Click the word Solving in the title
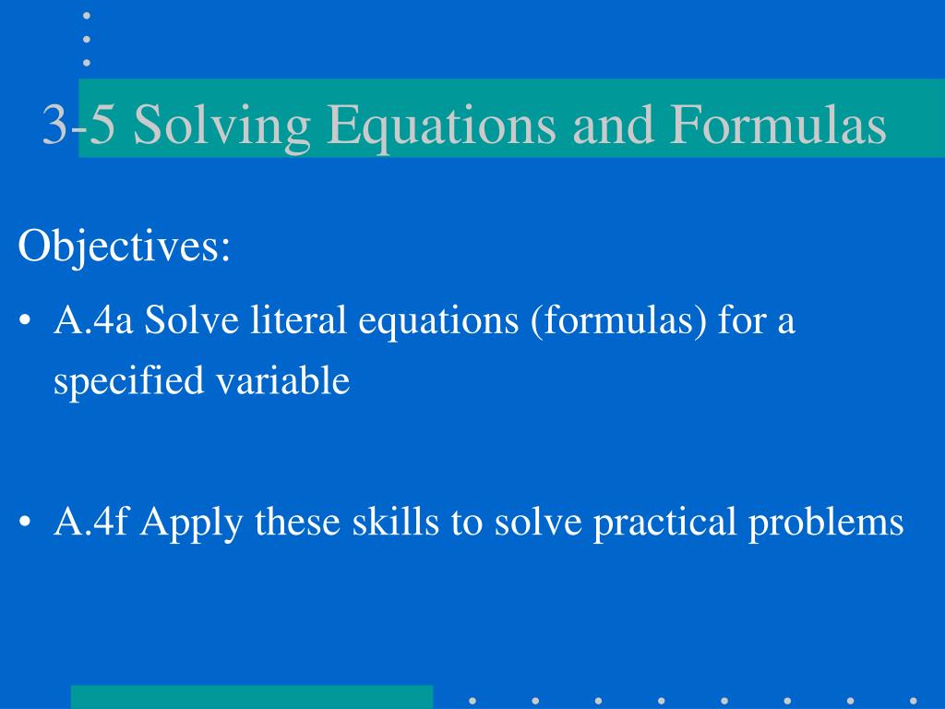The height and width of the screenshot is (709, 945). [x=221, y=126]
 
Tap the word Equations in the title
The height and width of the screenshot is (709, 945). [x=441, y=126]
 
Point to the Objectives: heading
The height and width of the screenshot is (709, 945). [x=125, y=246]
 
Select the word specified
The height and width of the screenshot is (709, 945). [x=128, y=381]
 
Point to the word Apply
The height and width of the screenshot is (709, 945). [x=192, y=523]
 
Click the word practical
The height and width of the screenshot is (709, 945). [x=664, y=523]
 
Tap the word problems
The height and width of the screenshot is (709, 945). [x=826, y=523]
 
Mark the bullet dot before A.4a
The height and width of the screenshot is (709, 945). [x=25, y=320]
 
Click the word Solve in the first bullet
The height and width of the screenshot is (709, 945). [x=192, y=319]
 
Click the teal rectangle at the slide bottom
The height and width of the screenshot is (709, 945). [x=252, y=697]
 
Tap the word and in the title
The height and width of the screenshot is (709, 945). [x=613, y=125]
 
